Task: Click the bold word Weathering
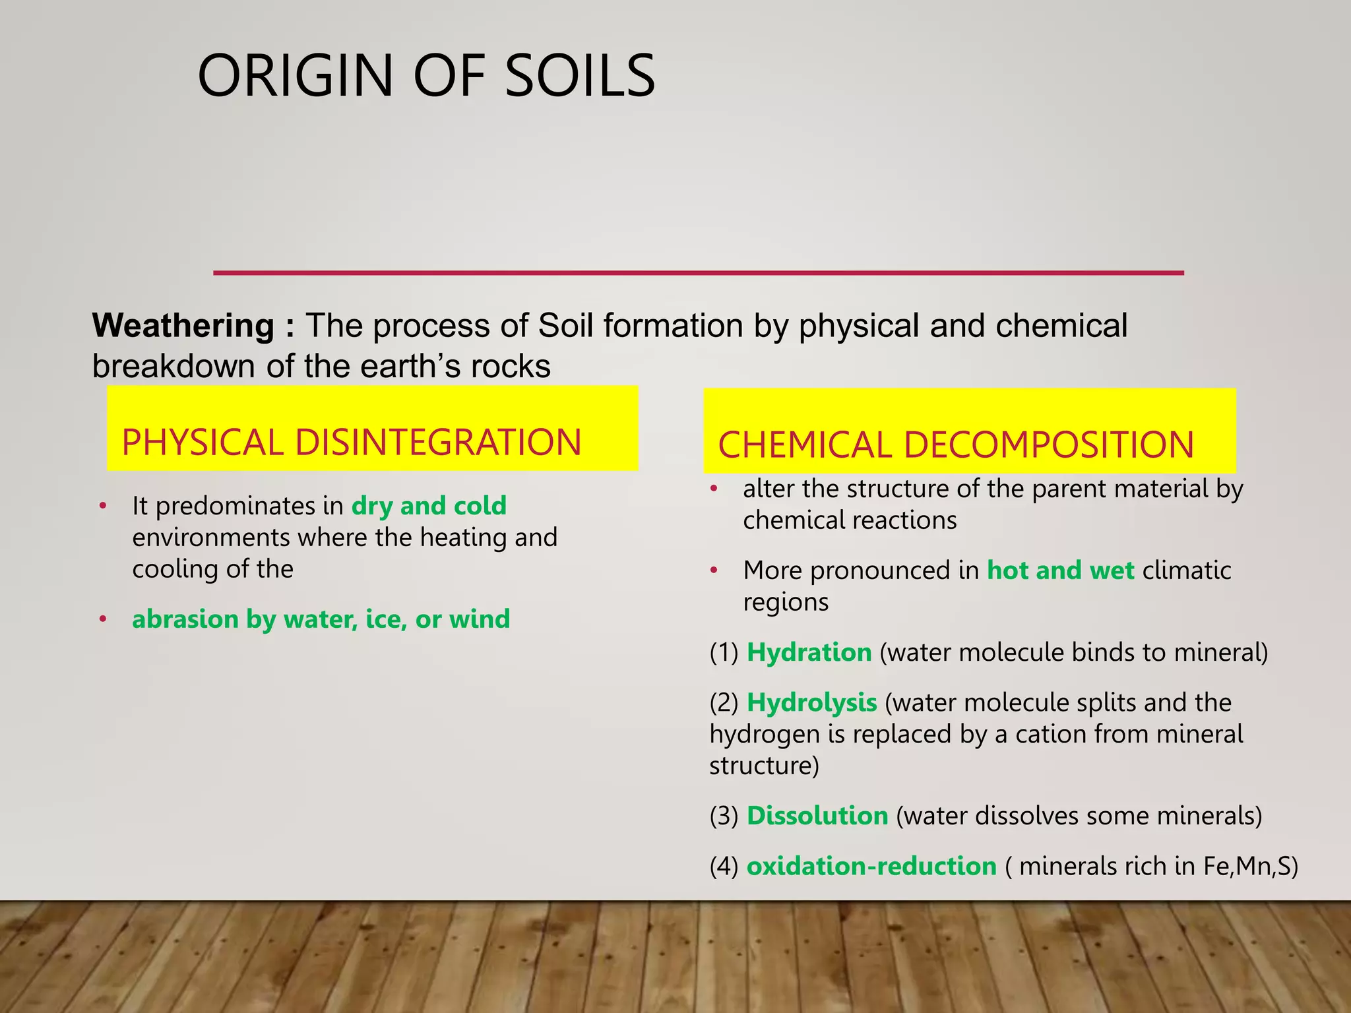click(x=183, y=326)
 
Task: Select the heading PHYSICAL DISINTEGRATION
click(x=352, y=443)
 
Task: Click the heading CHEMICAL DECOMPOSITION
click(x=956, y=445)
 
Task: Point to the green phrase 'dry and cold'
click(x=429, y=506)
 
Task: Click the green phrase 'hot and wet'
click(x=1060, y=570)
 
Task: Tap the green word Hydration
click(x=809, y=652)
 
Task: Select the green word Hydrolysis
click(x=811, y=703)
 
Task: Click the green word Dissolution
click(x=817, y=816)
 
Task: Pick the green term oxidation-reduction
click(x=871, y=866)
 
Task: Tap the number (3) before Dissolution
click(x=724, y=816)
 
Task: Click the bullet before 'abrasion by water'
click(x=103, y=620)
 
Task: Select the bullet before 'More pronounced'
click(x=713, y=570)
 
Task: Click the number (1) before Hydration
click(x=724, y=653)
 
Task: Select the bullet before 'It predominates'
click(x=103, y=506)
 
